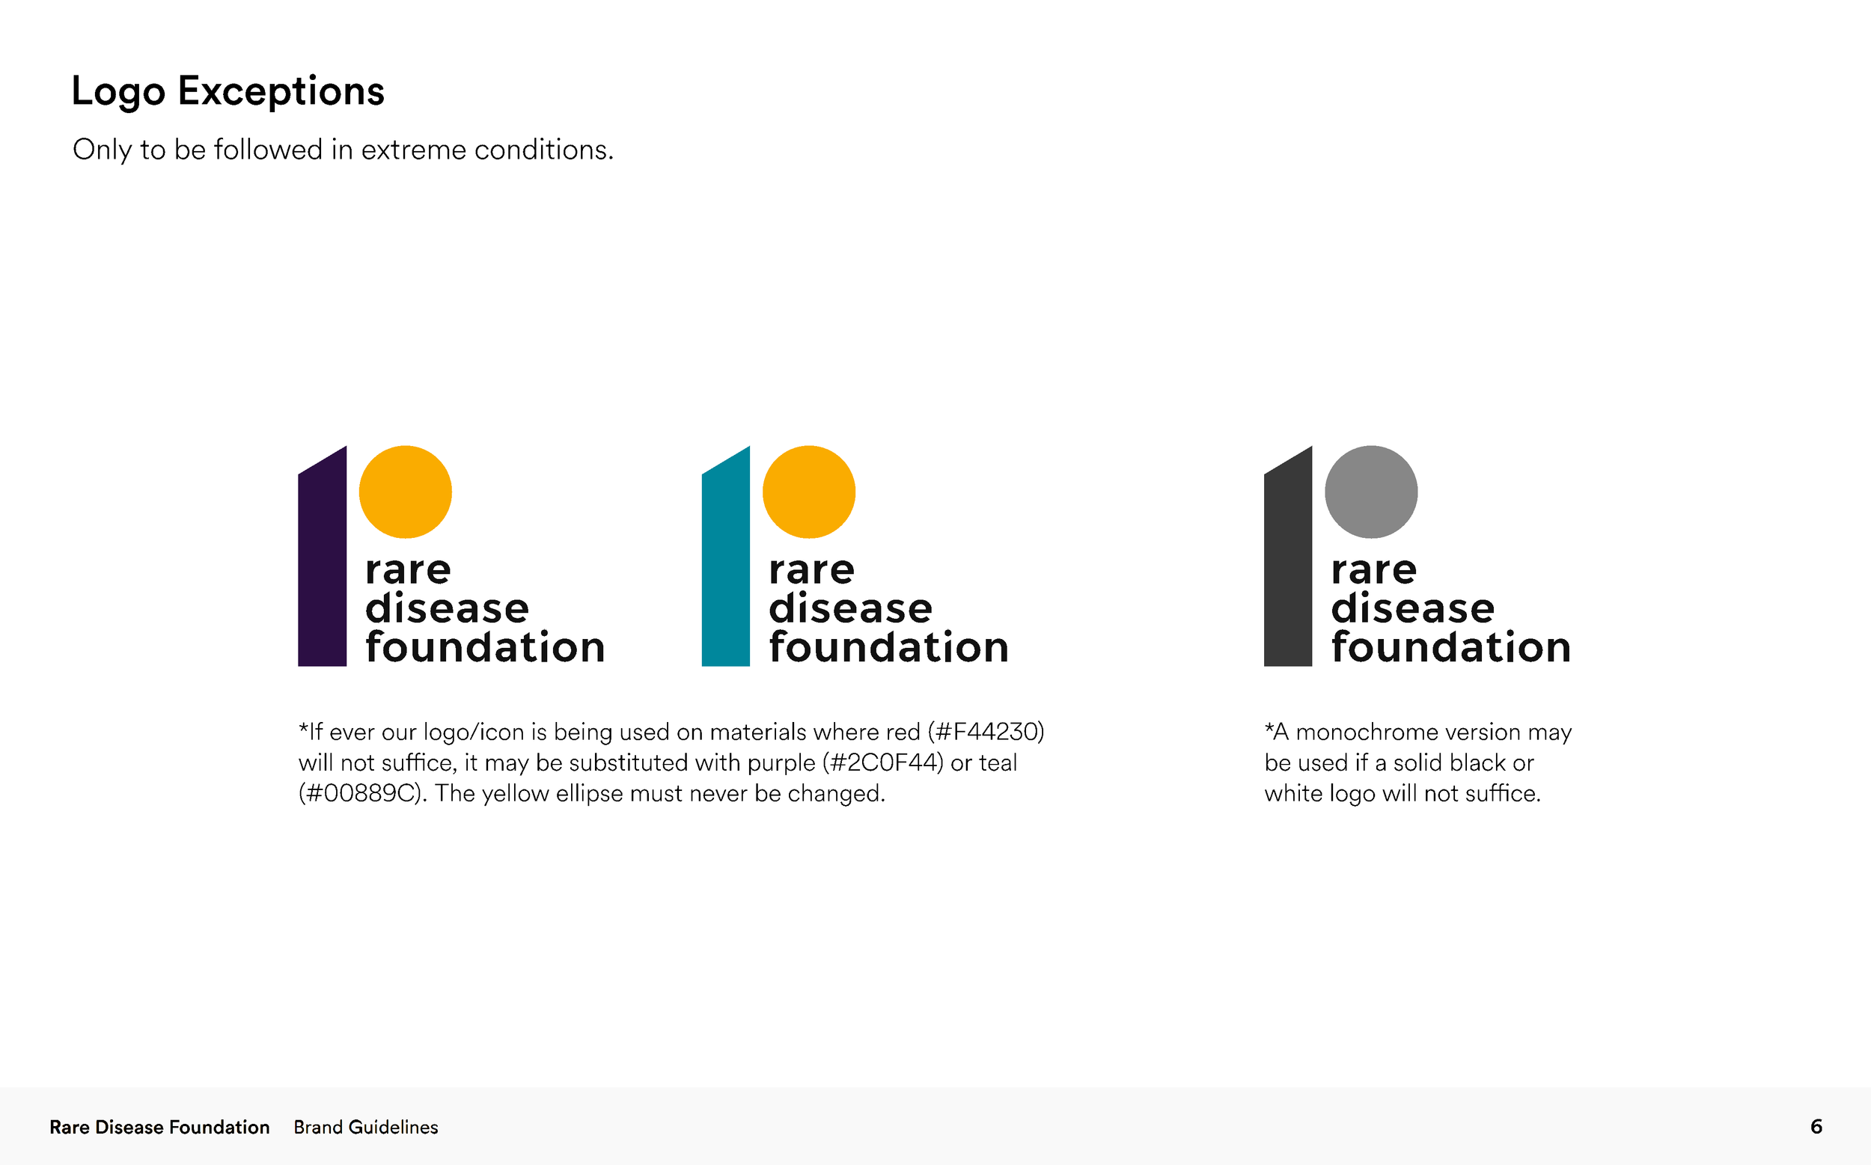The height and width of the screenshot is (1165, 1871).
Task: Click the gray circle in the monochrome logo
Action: click(1371, 492)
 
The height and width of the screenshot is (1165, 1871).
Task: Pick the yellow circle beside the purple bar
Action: click(406, 492)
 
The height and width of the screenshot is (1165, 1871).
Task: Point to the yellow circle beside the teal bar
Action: click(808, 492)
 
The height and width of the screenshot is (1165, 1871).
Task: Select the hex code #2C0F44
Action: click(882, 762)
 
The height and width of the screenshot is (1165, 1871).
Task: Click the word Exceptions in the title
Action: click(281, 91)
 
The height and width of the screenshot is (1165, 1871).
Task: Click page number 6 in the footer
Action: click(1816, 1127)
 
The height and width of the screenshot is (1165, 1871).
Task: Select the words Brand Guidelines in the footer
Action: click(365, 1128)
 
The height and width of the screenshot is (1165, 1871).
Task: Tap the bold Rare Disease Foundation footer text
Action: click(159, 1128)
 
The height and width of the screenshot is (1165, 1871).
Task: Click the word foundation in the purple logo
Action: click(485, 646)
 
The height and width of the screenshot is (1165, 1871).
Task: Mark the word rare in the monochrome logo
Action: click(1373, 570)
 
